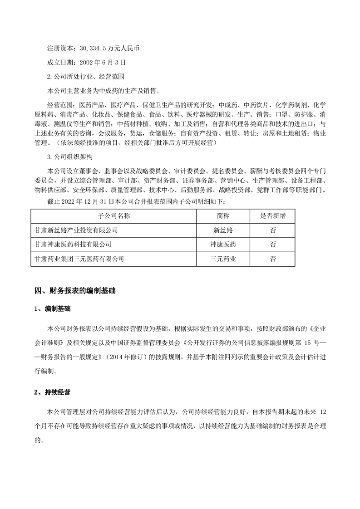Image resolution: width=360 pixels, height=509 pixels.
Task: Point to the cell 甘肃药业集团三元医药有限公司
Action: pos(79,259)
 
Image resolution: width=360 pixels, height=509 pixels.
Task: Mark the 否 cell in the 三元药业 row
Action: pos(273,259)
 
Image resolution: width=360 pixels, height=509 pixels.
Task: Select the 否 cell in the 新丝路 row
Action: pos(273,230)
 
